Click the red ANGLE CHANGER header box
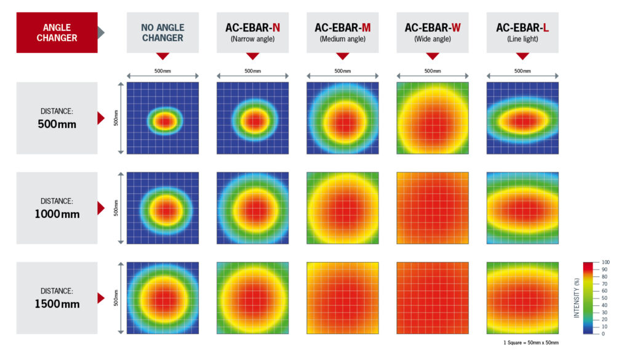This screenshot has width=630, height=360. click(57, 33)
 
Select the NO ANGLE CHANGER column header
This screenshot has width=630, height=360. click(162, 33)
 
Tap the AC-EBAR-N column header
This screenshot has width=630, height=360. click(252, 33)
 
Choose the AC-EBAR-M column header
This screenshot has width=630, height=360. click(342, 33)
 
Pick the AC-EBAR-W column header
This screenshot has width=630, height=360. click(432, 33)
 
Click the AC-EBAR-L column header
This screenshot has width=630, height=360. click(522, 33)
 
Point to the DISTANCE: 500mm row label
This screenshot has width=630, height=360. click(57, 118)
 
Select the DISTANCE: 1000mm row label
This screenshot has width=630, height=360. click(57, 208)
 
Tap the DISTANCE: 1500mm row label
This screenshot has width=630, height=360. click(57, 298)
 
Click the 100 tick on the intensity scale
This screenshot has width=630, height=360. click(606, 263)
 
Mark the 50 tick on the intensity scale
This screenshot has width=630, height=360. click(605, 298)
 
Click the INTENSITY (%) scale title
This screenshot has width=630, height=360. click(576, 298)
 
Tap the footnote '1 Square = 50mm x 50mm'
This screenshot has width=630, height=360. click(531, 342)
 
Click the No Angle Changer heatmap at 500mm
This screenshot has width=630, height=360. click(162, 118)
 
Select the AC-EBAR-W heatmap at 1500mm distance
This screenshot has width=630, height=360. click(432, 298)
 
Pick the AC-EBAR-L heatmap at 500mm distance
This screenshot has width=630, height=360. click(522, 118)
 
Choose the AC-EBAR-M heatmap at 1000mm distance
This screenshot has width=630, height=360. click(342, 208)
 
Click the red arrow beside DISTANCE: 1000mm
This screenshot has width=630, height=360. click(101, 208)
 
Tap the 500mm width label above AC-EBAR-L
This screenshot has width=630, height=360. click(522, 71)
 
